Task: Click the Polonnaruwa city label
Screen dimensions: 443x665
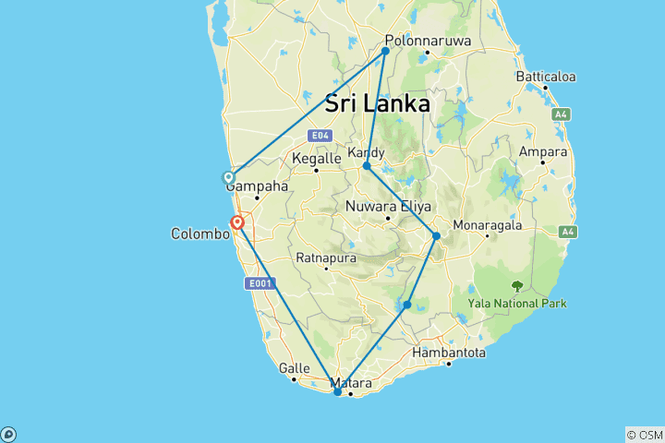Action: point(428,42)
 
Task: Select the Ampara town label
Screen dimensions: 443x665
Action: point(543,150)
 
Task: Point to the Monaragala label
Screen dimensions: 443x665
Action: point(488,224)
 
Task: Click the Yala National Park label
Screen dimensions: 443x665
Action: point(517,303)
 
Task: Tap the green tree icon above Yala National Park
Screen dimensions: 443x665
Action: point(517,286)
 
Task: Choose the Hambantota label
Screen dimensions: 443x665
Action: point(449,353)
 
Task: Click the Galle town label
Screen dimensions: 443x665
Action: point(293,368)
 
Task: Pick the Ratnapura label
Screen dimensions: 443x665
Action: point(325,257)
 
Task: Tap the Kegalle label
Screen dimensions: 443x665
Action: point(317,159)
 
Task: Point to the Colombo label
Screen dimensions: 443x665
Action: point(199,234)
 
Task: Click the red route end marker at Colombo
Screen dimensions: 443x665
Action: point(237,221)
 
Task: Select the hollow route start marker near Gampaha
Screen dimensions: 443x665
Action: point(228,177)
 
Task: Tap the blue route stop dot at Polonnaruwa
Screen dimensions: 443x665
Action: point(386,51)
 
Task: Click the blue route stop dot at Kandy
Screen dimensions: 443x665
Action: point(367,166)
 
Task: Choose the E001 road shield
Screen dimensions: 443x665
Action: point(260,283)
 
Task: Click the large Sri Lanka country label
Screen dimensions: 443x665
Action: point(377,103)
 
